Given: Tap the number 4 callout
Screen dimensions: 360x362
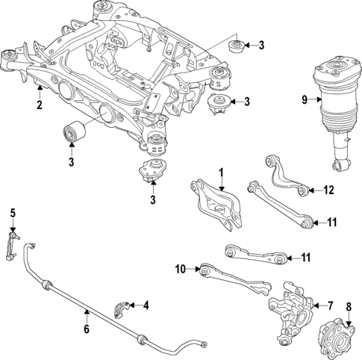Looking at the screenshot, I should (x=146, y=304).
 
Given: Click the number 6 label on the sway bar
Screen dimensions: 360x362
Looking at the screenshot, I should (x=86, y=328).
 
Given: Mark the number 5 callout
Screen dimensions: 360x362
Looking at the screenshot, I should (x=12, y=214).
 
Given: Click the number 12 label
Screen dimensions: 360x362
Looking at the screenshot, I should (x=329, y=190).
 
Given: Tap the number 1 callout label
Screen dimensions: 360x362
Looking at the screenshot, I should (x=221, y=173).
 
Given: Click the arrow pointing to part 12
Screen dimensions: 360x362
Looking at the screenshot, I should (x=315, y=190).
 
